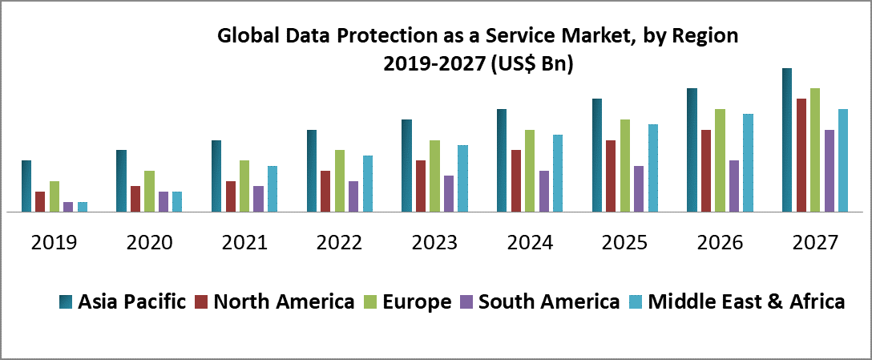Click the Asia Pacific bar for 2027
[787, 140]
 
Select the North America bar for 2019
[40, 202]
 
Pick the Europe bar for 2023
[434, 176]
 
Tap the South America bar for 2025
[639, 189]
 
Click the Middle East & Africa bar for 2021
[272, 189]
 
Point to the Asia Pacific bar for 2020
[121, 181]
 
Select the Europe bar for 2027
[815, 150]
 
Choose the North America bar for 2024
[516, 181]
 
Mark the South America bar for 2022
[353, 196]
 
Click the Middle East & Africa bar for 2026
[749, 163]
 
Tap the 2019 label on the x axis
[54, 242]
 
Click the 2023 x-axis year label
[435, 242]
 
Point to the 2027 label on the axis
[815, 242]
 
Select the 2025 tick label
[625, 242]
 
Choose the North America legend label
[284, 301]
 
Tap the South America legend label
[548, 301]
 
